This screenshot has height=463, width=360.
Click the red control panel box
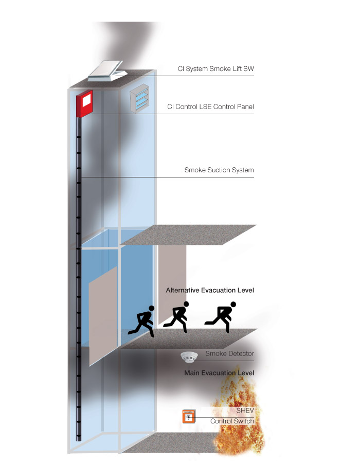84,103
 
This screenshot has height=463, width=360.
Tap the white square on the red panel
86,100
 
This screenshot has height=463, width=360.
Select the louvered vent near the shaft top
139,98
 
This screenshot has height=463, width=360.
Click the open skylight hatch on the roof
107,71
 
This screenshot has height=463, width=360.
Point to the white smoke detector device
189,357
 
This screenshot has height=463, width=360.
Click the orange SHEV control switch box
189,416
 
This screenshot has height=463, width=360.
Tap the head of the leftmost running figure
151,308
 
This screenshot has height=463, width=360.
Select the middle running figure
176,317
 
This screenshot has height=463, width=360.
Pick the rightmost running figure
221,317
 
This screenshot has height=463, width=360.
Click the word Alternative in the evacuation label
183,290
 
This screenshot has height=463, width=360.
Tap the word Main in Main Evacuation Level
191,373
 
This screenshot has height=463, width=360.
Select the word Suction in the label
219,170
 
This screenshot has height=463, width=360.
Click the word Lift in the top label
237,69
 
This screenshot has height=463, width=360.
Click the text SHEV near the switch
245,411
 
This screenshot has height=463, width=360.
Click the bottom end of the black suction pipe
79,440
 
